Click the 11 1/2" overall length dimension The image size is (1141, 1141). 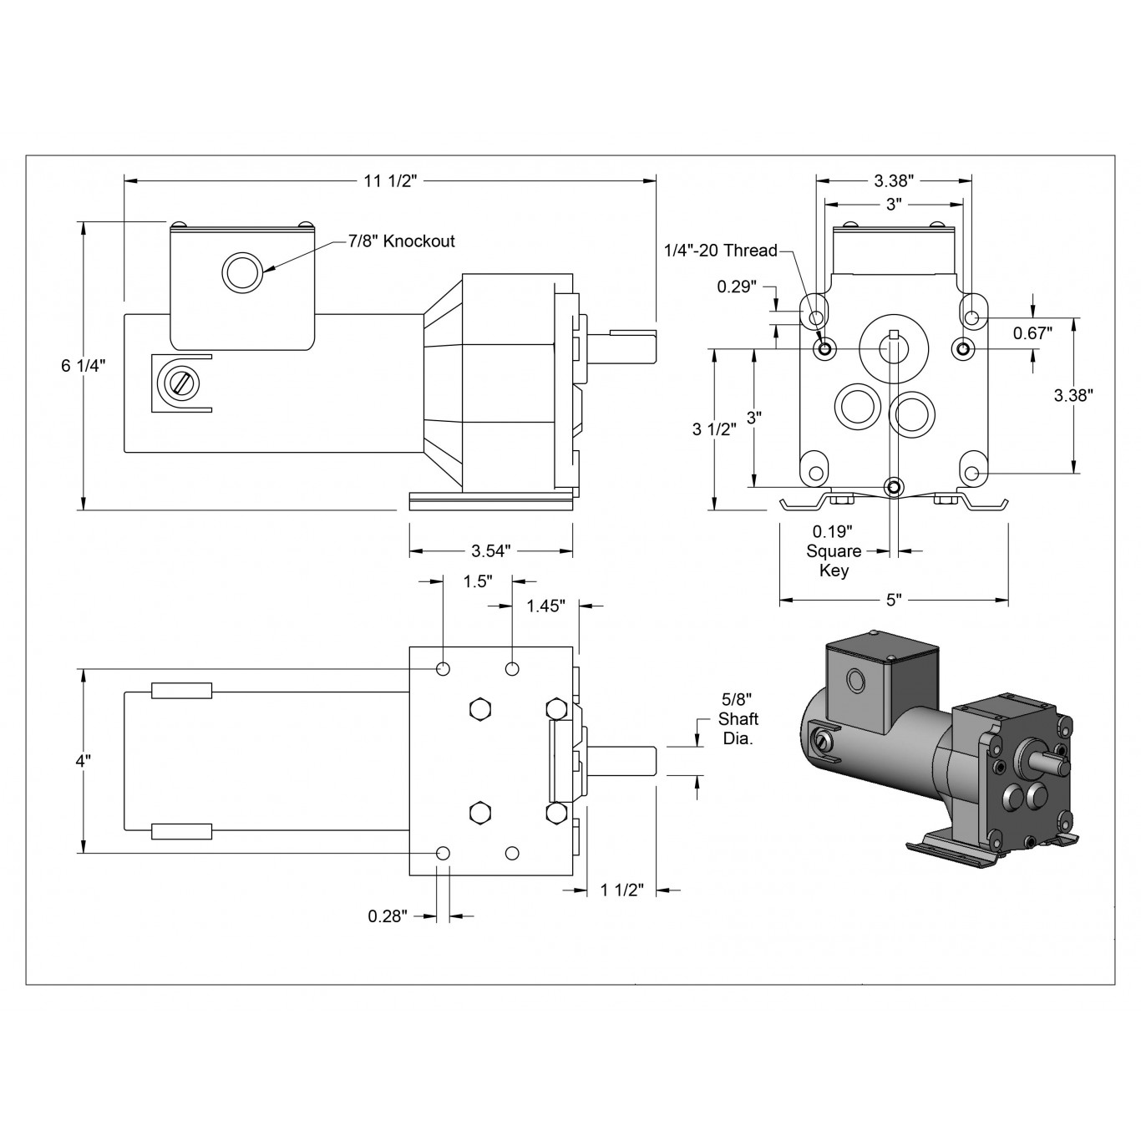(389, 180)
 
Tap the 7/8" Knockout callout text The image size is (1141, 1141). (402, 241)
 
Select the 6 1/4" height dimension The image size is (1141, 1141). (84, 366)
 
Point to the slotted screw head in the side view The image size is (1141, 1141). (181, 383)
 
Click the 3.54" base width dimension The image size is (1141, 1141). (490, 550)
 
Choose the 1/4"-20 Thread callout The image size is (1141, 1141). (720, 251)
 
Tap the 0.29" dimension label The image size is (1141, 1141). (737, 287)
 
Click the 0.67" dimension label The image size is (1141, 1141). (1032, 332)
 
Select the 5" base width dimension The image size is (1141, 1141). (894, 600)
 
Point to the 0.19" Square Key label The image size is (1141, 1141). (834, 551)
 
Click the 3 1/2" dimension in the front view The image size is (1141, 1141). (714, 429)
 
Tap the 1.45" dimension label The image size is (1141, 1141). (546, 605)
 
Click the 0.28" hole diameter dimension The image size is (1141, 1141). (388, 916)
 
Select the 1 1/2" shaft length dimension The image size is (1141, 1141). (622, 890)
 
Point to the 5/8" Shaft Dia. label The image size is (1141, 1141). (739, 719)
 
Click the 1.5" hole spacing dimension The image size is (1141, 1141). (478, 581)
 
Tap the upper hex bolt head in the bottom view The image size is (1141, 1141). (479, 709)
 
